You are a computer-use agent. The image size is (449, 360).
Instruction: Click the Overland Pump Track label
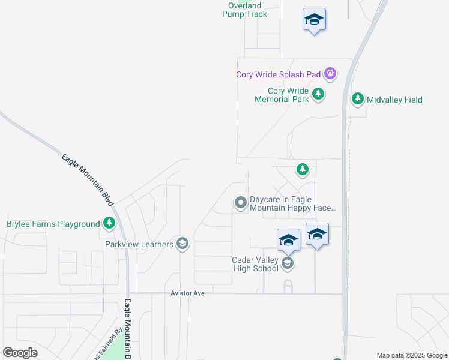click(x=244, y=10)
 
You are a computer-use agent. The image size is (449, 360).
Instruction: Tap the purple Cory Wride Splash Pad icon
click(x=330, y=74)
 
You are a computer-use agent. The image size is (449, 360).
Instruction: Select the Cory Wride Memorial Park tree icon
click(x=318, y=94)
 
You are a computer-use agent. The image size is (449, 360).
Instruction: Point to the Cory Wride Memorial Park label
click(x=282, y=95)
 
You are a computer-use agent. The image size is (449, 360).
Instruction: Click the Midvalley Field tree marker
click(x=358, y=99)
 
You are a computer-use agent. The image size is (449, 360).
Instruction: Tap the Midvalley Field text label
click(x=394, y=100)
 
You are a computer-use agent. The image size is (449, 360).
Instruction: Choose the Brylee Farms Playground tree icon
click(x=109, y=224)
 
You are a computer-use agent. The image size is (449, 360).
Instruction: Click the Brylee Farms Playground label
click(x=53, y=224)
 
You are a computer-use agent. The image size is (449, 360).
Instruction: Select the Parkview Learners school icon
click(x=182, y=244)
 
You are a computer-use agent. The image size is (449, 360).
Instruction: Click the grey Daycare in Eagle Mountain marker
click(x=240, y=203)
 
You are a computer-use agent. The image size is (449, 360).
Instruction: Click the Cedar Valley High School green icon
click(x=288, y=264)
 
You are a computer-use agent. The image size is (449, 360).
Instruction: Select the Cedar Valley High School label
click(x=255, y=264)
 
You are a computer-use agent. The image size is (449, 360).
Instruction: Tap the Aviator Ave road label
click(x=187, y=293)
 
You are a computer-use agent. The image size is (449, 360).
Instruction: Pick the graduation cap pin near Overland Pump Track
click(x=314, y=20)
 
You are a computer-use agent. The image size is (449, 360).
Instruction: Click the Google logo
click(x=20, y=353)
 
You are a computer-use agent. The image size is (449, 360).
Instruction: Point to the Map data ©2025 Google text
click(x=411, y=355)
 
